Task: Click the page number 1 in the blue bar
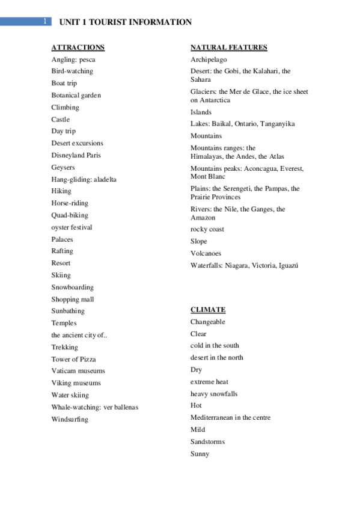45,22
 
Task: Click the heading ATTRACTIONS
78,48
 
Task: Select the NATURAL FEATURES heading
228,48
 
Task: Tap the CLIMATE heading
208,310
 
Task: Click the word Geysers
63,167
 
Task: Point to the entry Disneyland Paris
76,155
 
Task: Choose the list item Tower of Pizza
73,359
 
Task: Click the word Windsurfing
70,419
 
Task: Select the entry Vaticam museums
78,371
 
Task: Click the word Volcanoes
206,253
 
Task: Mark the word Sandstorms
207,441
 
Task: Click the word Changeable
208,322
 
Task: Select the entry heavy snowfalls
214,393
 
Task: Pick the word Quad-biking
70,215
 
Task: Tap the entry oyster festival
72,227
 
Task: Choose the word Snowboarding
72,287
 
